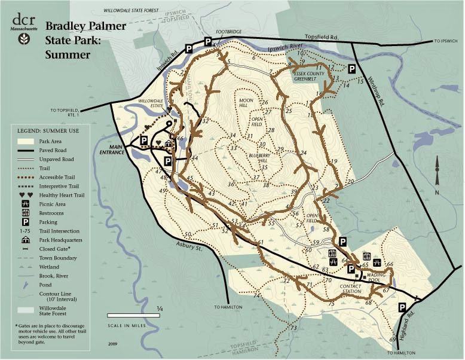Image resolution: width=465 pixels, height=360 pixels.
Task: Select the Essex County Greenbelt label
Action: [x=309, y=75]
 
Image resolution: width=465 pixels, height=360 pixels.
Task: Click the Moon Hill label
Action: [x=247, y=102]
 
